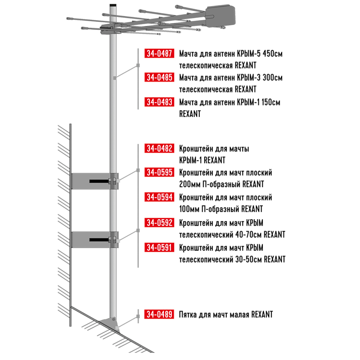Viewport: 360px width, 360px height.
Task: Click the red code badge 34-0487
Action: pos(159,53)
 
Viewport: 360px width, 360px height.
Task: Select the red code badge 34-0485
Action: pos(159,77)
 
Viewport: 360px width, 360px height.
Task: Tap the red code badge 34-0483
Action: pos(159,102)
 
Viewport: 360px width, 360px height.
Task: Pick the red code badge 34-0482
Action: pos(159,148)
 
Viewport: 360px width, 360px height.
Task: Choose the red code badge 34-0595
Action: pos(159,172)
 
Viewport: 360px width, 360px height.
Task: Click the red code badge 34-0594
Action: pos(159,197)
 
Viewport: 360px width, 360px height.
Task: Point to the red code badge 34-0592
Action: pos(159,222)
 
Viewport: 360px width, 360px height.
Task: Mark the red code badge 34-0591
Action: pos(159,247)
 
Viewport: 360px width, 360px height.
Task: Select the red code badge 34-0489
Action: pos(159,314)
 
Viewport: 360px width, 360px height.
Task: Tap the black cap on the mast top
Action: pos(113,5)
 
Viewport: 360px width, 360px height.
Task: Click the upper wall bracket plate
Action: pos(91,181)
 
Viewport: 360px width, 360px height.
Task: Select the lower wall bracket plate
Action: pos(91,240)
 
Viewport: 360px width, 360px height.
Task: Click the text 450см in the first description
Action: pos(273,54)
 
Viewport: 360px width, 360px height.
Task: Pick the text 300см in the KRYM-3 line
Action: pos(273,77)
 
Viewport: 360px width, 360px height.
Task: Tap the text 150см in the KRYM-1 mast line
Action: pos(271,102)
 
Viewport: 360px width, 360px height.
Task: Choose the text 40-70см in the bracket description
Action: pos(249,234)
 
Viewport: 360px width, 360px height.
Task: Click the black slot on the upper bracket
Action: pos(99,181)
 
